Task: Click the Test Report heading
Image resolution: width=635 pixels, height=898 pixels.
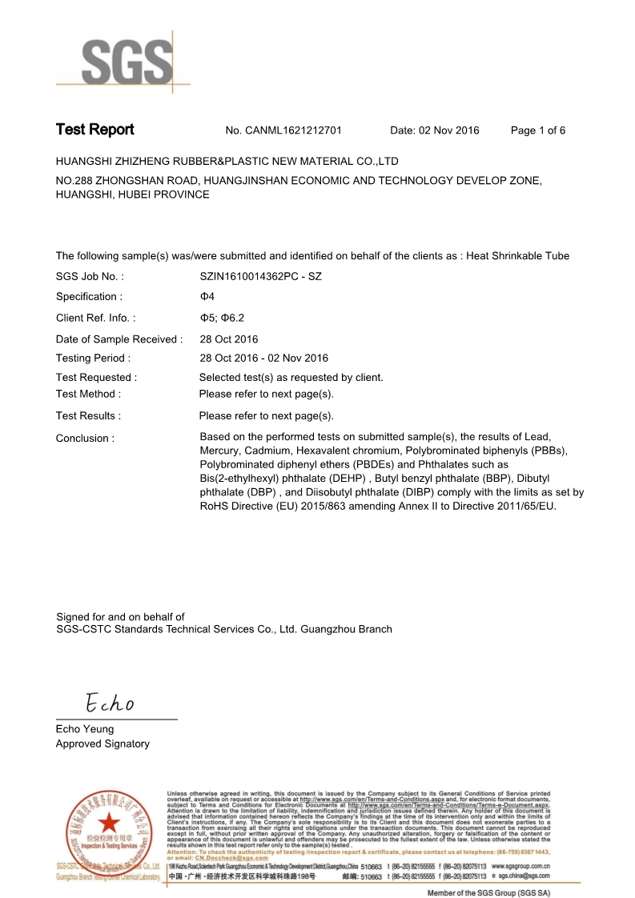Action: (94, 130)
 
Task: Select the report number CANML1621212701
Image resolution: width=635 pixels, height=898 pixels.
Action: (294, 130)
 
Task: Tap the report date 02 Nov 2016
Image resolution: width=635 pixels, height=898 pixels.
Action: (435, 130)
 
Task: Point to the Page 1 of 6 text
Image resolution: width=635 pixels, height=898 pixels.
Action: (538, 130)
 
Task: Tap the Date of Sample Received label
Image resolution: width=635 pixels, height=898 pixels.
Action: (119, 339)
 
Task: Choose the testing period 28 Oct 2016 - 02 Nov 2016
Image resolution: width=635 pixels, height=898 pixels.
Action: (263, 358)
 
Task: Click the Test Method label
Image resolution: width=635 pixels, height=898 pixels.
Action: (88, 394)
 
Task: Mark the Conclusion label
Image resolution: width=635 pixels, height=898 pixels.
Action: (85, 439)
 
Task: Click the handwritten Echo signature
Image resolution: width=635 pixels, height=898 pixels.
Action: (111, 704)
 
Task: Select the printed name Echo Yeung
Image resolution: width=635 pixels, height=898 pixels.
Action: (85, 729)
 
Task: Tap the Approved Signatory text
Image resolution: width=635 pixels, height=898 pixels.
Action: (102, 744)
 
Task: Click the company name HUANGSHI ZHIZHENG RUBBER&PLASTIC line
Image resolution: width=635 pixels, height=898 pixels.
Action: (227, 162)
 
